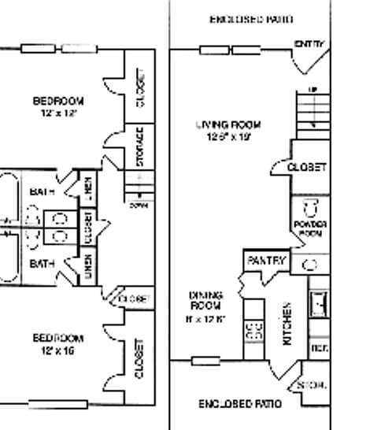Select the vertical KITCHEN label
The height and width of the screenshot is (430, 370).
(288, 323)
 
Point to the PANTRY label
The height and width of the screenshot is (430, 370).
(267, 260)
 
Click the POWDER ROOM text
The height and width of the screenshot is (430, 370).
(311, 229)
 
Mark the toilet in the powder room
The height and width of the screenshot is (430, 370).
(310, 208)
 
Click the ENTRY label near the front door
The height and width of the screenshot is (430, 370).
(309, 44)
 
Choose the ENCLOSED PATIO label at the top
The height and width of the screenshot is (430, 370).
(251, 18)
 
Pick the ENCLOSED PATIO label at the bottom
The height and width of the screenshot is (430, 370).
(240, 403)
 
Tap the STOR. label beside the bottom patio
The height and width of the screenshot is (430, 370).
(311, 386)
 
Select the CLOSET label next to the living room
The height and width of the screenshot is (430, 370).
(306, 168)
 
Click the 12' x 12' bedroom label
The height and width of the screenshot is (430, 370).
(57, 106)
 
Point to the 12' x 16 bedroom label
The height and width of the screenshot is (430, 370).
(57, 343)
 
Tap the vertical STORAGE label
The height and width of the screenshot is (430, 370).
(140, 147)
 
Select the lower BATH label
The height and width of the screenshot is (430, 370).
(41, 264)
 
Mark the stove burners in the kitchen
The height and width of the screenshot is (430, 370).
(255, 330)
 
